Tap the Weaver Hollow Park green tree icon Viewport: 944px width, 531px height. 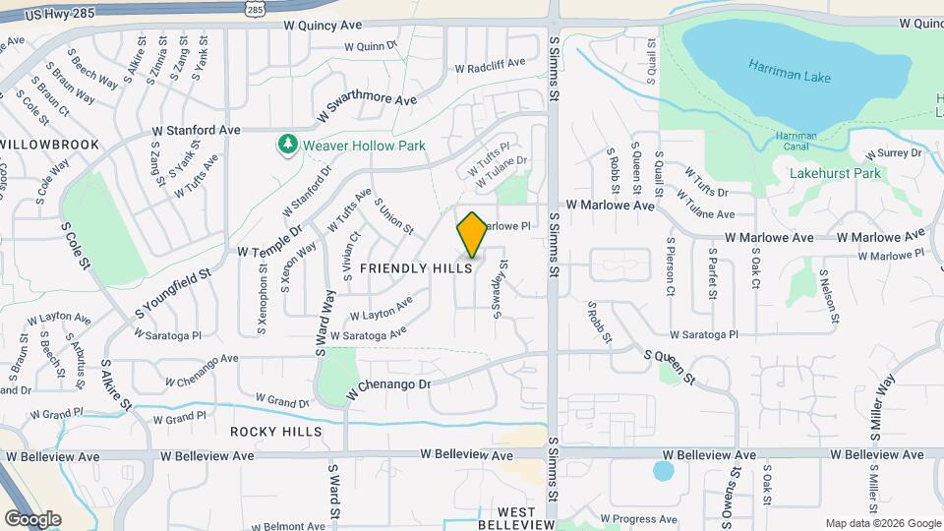287,146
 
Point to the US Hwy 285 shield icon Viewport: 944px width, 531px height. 254,9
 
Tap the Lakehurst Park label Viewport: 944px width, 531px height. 836,173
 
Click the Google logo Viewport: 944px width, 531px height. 32,518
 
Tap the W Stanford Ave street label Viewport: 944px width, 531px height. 196,130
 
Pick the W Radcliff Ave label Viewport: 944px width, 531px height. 492,69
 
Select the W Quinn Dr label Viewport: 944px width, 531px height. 370,45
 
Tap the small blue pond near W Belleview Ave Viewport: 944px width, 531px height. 663,471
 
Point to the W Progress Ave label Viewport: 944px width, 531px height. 639,518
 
